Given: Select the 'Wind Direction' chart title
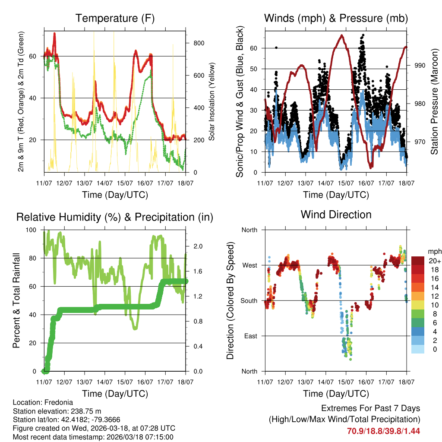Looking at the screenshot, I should click(336, 214).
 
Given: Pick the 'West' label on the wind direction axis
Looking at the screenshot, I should click(249, 265).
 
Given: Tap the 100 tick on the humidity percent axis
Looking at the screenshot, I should click(35, 230).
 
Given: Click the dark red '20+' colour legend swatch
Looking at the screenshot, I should click(418, 261).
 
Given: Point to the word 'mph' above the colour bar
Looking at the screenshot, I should click(434, 251).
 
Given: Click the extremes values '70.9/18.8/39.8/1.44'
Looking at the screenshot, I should click(383, 431).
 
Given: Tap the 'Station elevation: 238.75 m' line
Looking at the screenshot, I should click(57, 411).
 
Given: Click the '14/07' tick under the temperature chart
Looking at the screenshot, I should click(104, 183).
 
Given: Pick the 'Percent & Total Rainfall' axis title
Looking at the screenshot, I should click(16, 300).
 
